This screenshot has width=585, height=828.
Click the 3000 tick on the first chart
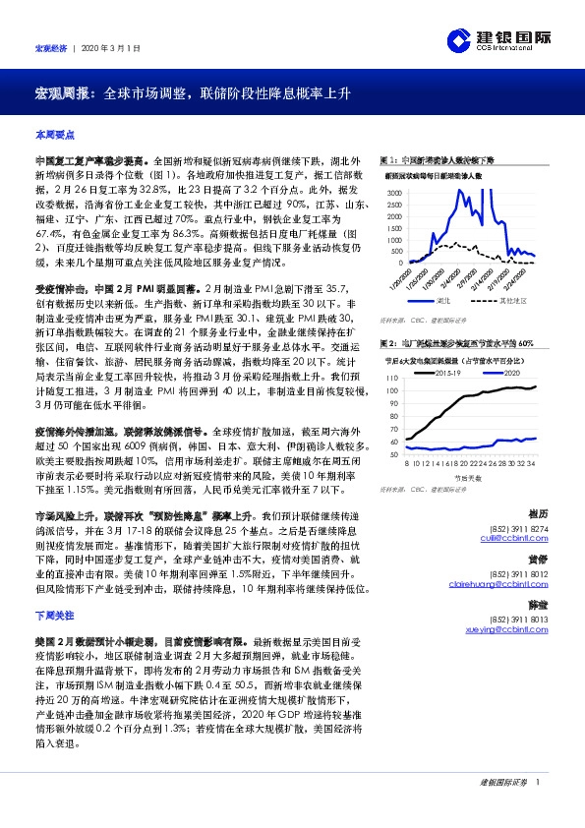pyautogui.click(x=395, y=192)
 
